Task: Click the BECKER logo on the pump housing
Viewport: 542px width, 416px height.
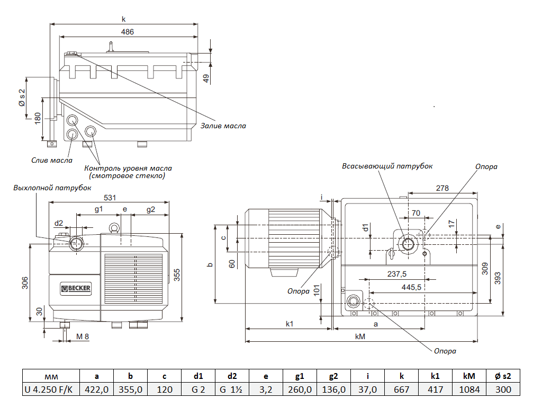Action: coord(76,288)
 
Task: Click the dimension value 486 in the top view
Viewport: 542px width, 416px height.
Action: coord(128,32)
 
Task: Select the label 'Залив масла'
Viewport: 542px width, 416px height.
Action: coord(223,126)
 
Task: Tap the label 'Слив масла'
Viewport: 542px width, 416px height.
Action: coord(52,160)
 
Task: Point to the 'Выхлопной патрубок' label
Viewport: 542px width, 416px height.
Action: coord(52,188)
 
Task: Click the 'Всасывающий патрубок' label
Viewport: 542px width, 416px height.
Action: coord(387,166)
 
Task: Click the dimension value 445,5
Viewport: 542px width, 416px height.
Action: coord(411,287)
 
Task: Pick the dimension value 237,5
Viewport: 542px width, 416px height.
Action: coord(396,274)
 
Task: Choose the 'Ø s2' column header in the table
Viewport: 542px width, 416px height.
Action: coord(503,376)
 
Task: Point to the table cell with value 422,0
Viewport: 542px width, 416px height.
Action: coord(96,390)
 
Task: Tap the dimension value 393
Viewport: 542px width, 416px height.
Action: coord(497,278)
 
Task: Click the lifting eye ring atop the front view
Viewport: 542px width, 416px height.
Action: coord(112,228)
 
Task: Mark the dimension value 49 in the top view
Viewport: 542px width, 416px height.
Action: coord(206,78)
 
